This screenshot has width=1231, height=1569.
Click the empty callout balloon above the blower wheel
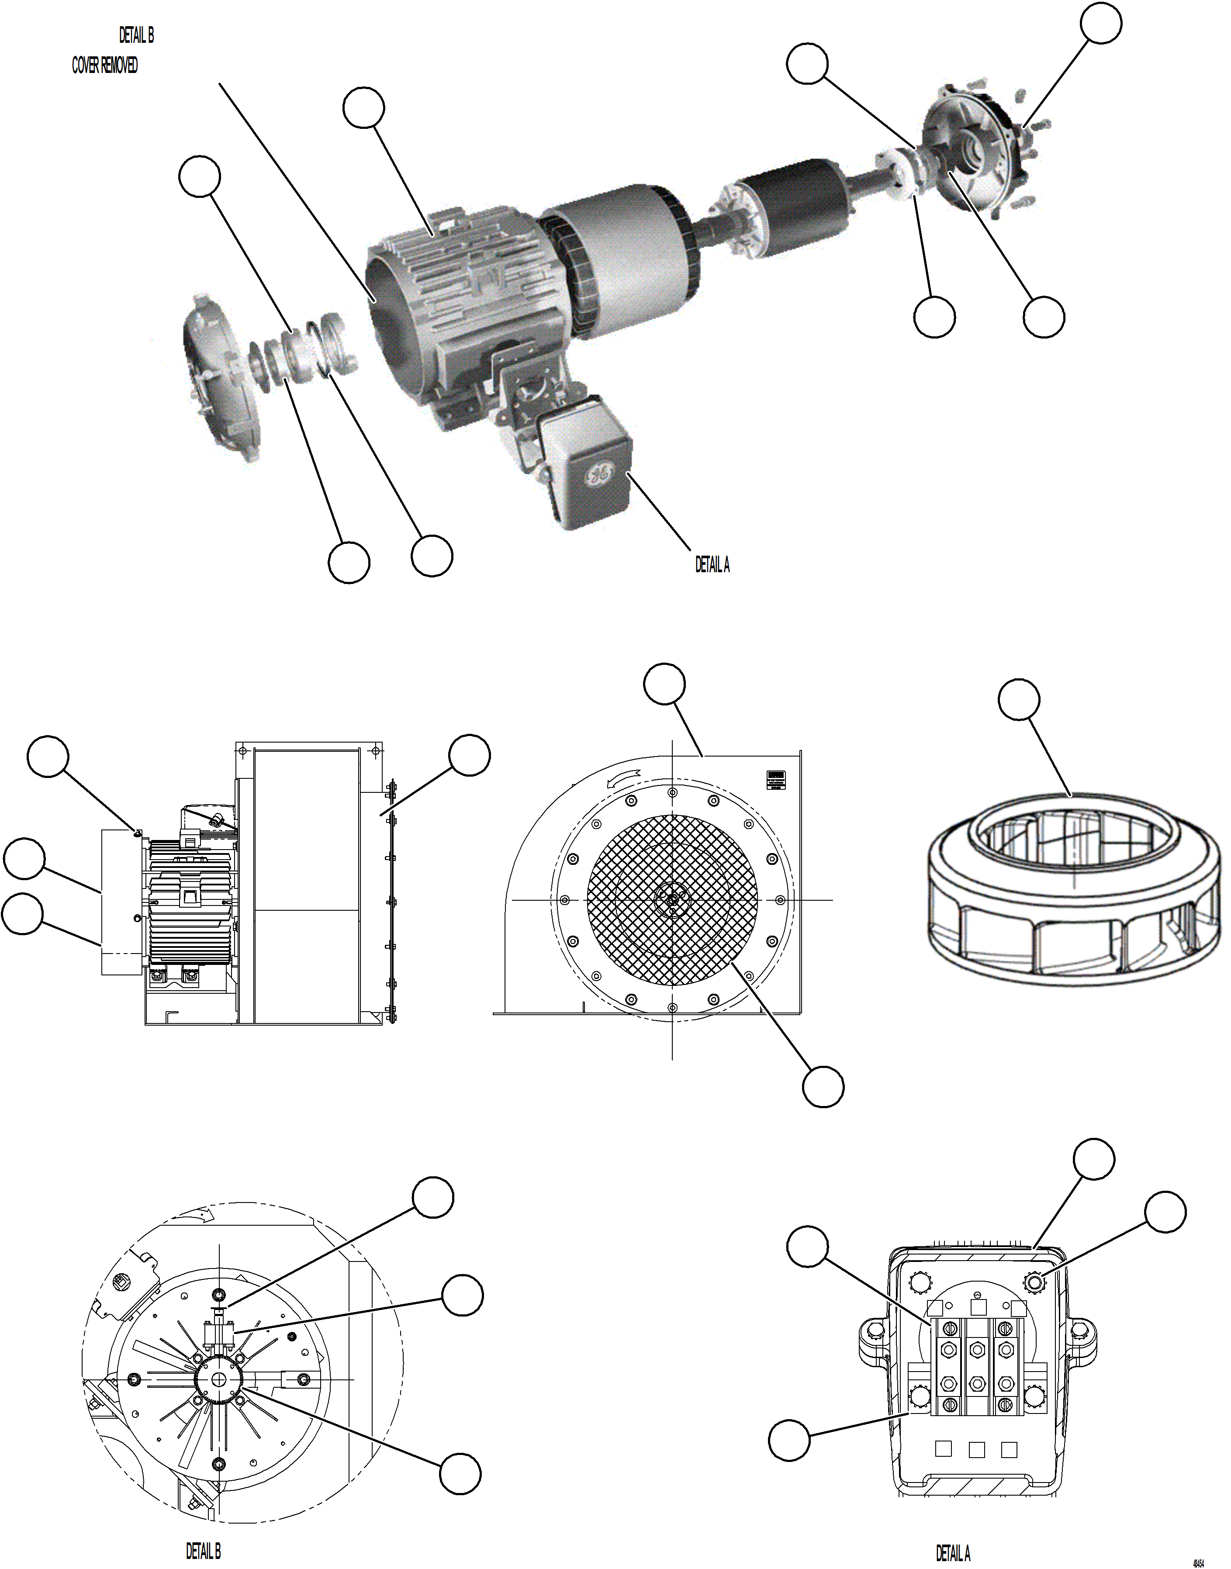[x=1018, y=698]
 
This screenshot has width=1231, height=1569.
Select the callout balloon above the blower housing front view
[x=664, y=684]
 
